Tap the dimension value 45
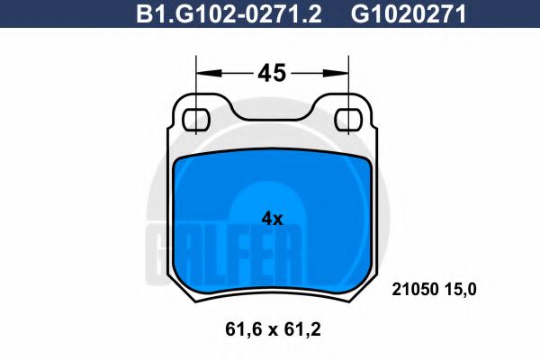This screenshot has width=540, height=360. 272,73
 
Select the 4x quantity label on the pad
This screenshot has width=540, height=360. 272,219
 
